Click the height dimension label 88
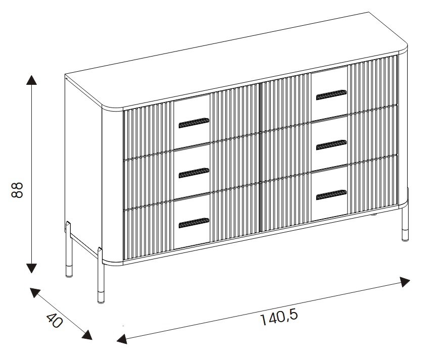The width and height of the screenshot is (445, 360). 18,190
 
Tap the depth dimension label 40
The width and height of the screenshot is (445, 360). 54,321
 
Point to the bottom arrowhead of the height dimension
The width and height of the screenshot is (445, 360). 31,268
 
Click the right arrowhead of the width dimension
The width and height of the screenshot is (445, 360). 404,281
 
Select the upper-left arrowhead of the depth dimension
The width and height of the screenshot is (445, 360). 35,292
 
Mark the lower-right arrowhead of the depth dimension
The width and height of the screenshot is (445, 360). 87,335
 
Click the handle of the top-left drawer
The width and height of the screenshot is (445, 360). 194,123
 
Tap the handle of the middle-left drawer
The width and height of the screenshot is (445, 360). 194,173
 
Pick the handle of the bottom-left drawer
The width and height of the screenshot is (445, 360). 194,223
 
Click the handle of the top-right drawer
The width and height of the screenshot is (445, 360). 331,95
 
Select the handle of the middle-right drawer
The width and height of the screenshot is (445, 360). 331,145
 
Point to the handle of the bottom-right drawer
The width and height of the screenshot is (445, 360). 331,195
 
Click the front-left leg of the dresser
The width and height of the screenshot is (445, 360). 101,275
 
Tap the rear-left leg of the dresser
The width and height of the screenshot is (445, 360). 69,249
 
